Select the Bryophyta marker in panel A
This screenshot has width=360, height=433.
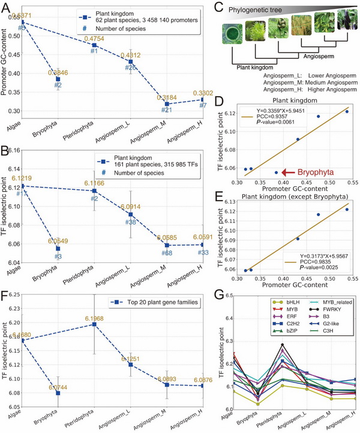pyautogui.click(x=58, y=79)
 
